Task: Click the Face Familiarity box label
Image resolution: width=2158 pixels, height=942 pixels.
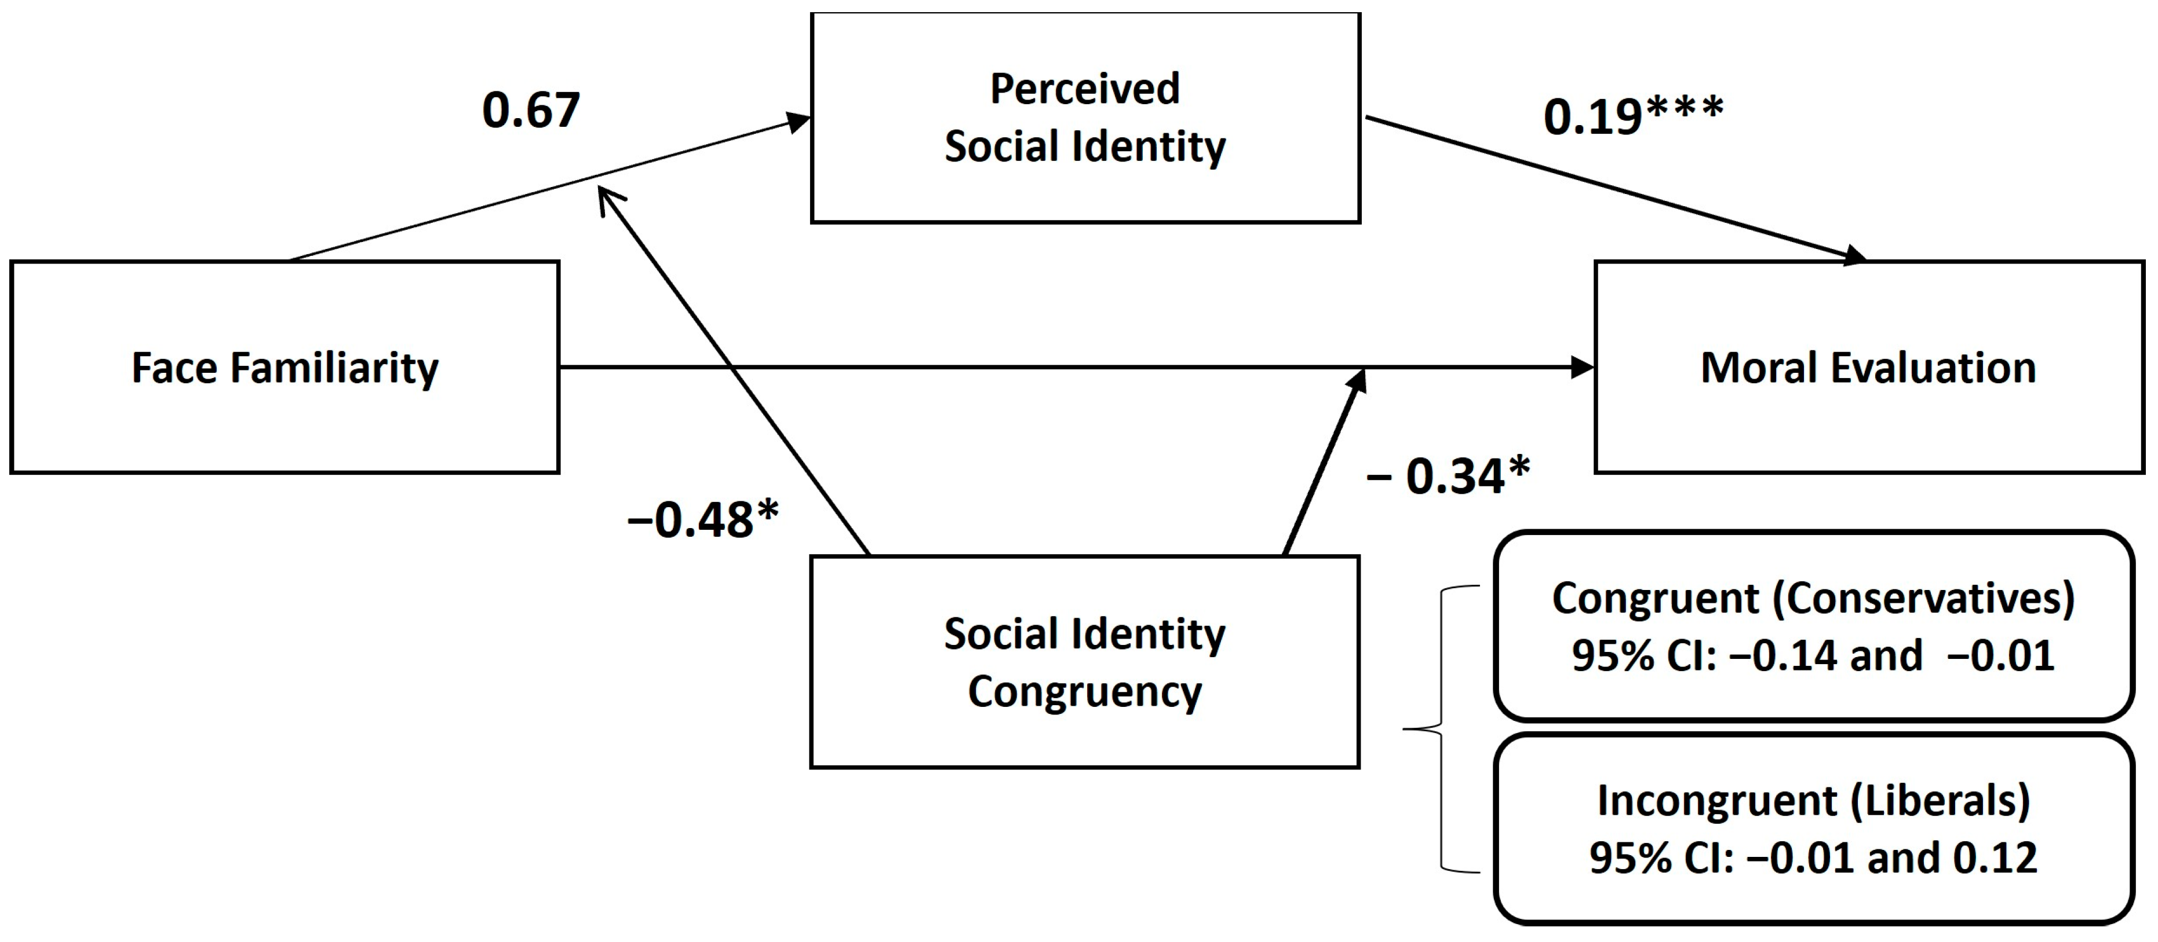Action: (x=285, y=368)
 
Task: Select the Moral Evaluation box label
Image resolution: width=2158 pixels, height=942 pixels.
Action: (x=1868, y=368)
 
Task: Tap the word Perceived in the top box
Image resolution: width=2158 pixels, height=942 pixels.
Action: (x=1085, y=89)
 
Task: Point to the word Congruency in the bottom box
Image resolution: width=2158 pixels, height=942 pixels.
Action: (x=1085, y=692)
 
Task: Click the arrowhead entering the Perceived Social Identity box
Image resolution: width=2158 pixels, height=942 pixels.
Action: (x=799, y=122)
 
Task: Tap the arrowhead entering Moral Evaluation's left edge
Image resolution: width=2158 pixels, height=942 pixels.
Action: (x=1581, y=366)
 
